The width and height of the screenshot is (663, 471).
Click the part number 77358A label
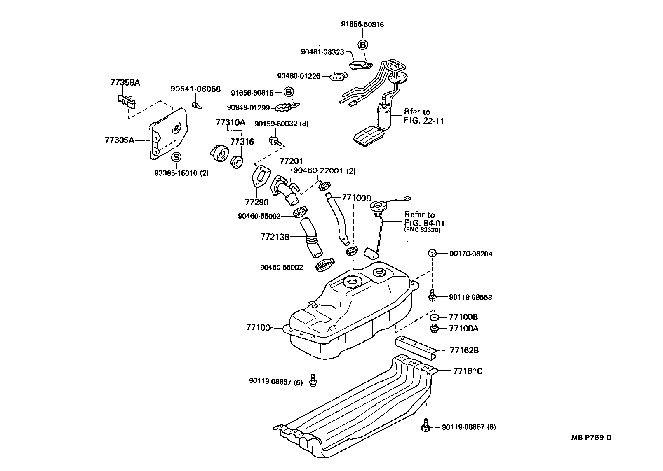click(x=125, y=82)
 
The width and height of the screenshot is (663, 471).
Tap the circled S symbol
click(x=176, y=157)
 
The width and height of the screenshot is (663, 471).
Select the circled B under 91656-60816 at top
click(x=362, y=45)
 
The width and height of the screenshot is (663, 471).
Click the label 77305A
click(x=120, y=140)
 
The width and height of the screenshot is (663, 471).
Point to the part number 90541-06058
click(x=195, y=89)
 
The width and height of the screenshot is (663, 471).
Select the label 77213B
click(x=275, y=237)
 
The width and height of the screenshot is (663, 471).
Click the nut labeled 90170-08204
click(x=432, y=252)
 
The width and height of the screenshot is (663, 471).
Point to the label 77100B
click(x=463, y=317)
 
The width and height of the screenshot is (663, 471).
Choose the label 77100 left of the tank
click(x=258, y=328)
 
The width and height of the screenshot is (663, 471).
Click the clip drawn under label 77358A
click(x=126, y=101)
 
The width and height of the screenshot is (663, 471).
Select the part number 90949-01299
click(x=248, y=107)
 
